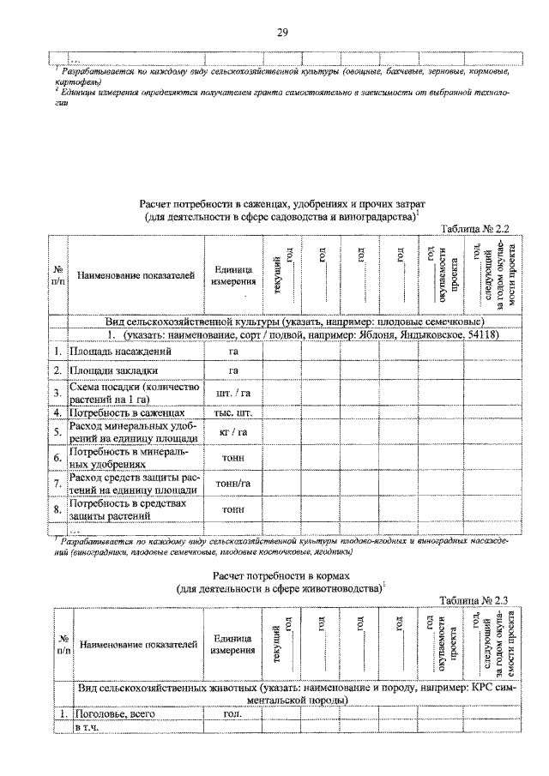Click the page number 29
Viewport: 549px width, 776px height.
(x=281, y=33)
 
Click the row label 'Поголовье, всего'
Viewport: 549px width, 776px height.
(x=112, y=713)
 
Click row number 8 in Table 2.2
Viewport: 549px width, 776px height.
(x=56, y=510)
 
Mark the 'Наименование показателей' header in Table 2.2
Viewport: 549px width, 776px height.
(x=135, y=276)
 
